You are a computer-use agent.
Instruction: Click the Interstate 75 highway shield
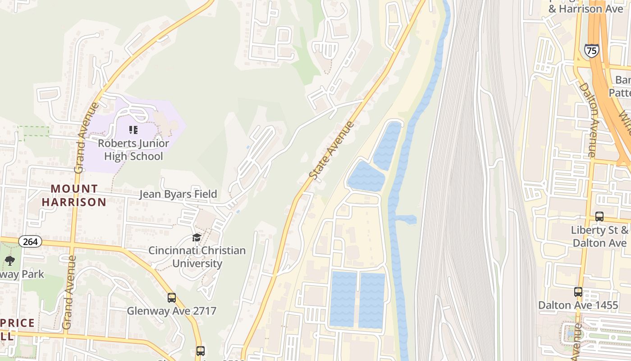pyautogui.click(x=591, y=51)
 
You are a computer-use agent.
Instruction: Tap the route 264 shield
pyautogui.click(x=30, y=241)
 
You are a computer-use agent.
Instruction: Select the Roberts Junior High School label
pyautogui.click(x=133, y=150)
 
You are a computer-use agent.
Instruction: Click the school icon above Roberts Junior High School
pyautogui.click(x=133, y=130)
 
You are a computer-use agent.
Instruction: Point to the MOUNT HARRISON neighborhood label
pyautogui.click(x=74, y=195)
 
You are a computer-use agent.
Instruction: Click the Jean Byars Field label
pyautogui.click(x=178, y=194)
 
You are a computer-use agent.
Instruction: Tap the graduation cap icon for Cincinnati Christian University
pyautogui.click(x=197, y=237)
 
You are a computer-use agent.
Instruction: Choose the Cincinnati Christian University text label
pyautogui.click(x=197, y=257)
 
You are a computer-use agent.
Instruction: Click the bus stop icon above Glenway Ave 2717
pyautogui.click(x=171, y=298)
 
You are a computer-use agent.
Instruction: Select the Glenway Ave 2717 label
pyautogui.click(x=171, y=311)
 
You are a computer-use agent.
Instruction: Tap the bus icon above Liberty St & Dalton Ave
pyautogui.click(x=599, y=217)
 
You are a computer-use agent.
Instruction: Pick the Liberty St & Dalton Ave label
pyautogui.click(x=599, y=236)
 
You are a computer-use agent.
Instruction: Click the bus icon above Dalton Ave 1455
pyautogui.click(x=578, y=292)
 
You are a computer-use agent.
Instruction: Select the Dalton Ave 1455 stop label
pyautogui.click(x=578, y=305)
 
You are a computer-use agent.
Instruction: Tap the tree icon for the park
pyautogui.click(x=9, y=260)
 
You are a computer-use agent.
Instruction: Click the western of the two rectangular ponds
pyautogui.click(x=343, y=299)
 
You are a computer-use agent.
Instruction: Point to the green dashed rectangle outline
pyautogui.click(x=33, y=133)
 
